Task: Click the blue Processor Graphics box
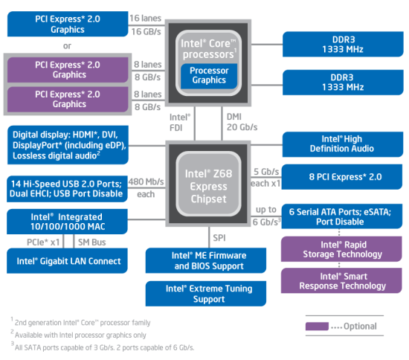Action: [209, 76]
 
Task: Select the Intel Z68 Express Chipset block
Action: [208, 184]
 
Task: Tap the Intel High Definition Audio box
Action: [343, 144]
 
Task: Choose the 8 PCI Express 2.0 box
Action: [342, 176]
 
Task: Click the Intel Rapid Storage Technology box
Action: [341, 249]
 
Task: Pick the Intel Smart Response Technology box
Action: [341, 280]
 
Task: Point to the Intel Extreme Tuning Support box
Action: [206, 294]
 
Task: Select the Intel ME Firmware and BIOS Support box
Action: [206, 260]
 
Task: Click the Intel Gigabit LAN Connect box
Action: [67, 260]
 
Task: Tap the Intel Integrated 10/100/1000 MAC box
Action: [67, 222]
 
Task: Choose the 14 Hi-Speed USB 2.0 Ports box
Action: [67, 189]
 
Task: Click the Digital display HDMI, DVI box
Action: [68, 145]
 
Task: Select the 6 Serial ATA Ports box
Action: [342, 216]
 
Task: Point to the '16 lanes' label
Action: [145, 18]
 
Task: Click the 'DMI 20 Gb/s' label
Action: [242, 122]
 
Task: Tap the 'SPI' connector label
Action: [219, 238]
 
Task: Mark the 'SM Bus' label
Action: [91, 242]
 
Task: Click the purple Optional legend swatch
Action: [317, 326]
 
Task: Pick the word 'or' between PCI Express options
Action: [67, 46]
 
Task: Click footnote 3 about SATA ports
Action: [103, 347]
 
